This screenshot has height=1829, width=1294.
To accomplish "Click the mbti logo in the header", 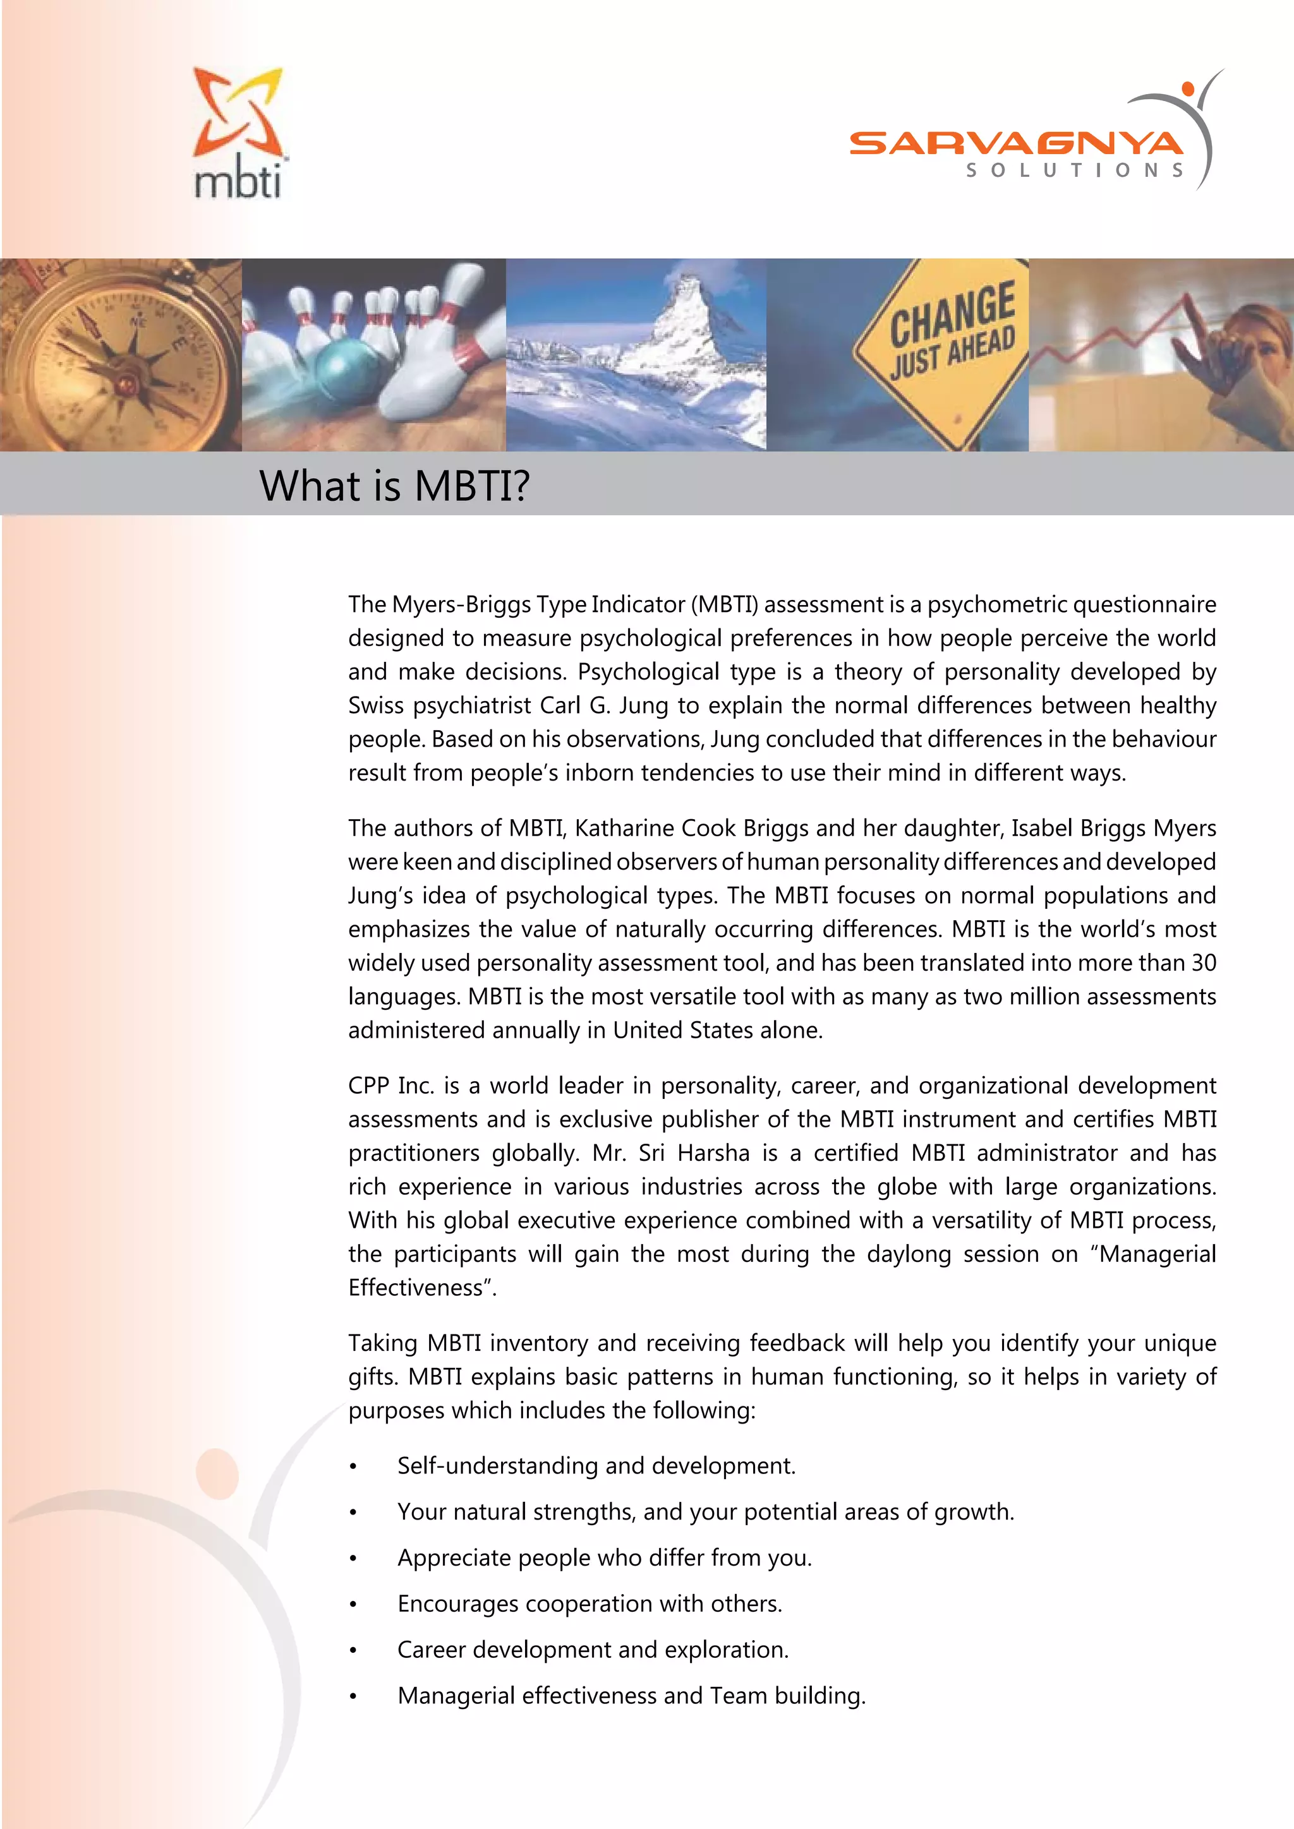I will pyautogui.click(x=238, y=133).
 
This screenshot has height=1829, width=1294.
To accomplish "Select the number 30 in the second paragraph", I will pyautogui.click(x=1203, y=963).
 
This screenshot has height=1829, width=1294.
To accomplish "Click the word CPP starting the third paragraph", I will pyautogui.click(x=368, y=1086).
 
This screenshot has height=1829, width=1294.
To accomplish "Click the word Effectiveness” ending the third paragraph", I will pyautogui.click(x=422, y=1288).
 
